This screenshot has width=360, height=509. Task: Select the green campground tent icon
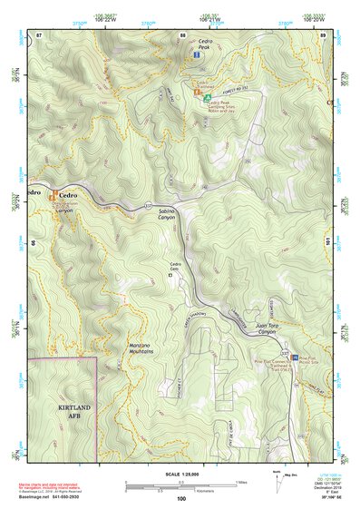(x=208, y=96)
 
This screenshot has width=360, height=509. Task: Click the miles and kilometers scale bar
(x=181, y=485)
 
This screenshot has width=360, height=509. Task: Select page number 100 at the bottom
(x=181, y=499)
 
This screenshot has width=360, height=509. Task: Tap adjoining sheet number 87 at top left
(x=38, y=34)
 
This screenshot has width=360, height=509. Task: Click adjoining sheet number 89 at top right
(x=323, y=34)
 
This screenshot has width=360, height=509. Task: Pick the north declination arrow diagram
(x=278, y=485)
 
